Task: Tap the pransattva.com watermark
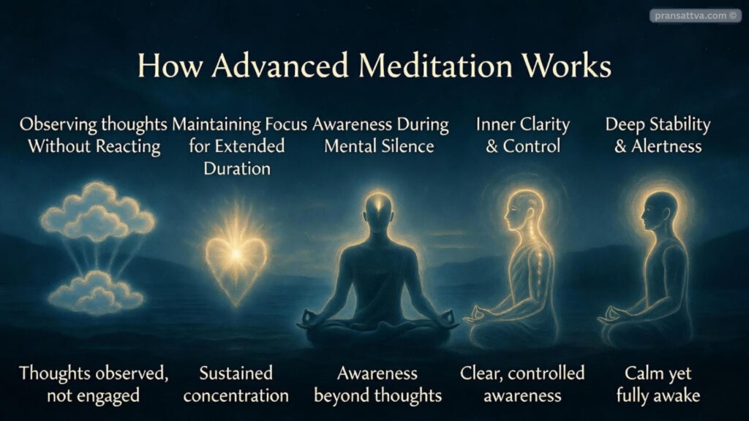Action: [695, 15]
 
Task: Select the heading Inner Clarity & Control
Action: [522, 134]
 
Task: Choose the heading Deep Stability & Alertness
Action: [658, 134]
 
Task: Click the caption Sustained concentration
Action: [236, 384]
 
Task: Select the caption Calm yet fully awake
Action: [658, 384]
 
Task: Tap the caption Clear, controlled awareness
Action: [522, 384]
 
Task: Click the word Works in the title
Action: [568, 67]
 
